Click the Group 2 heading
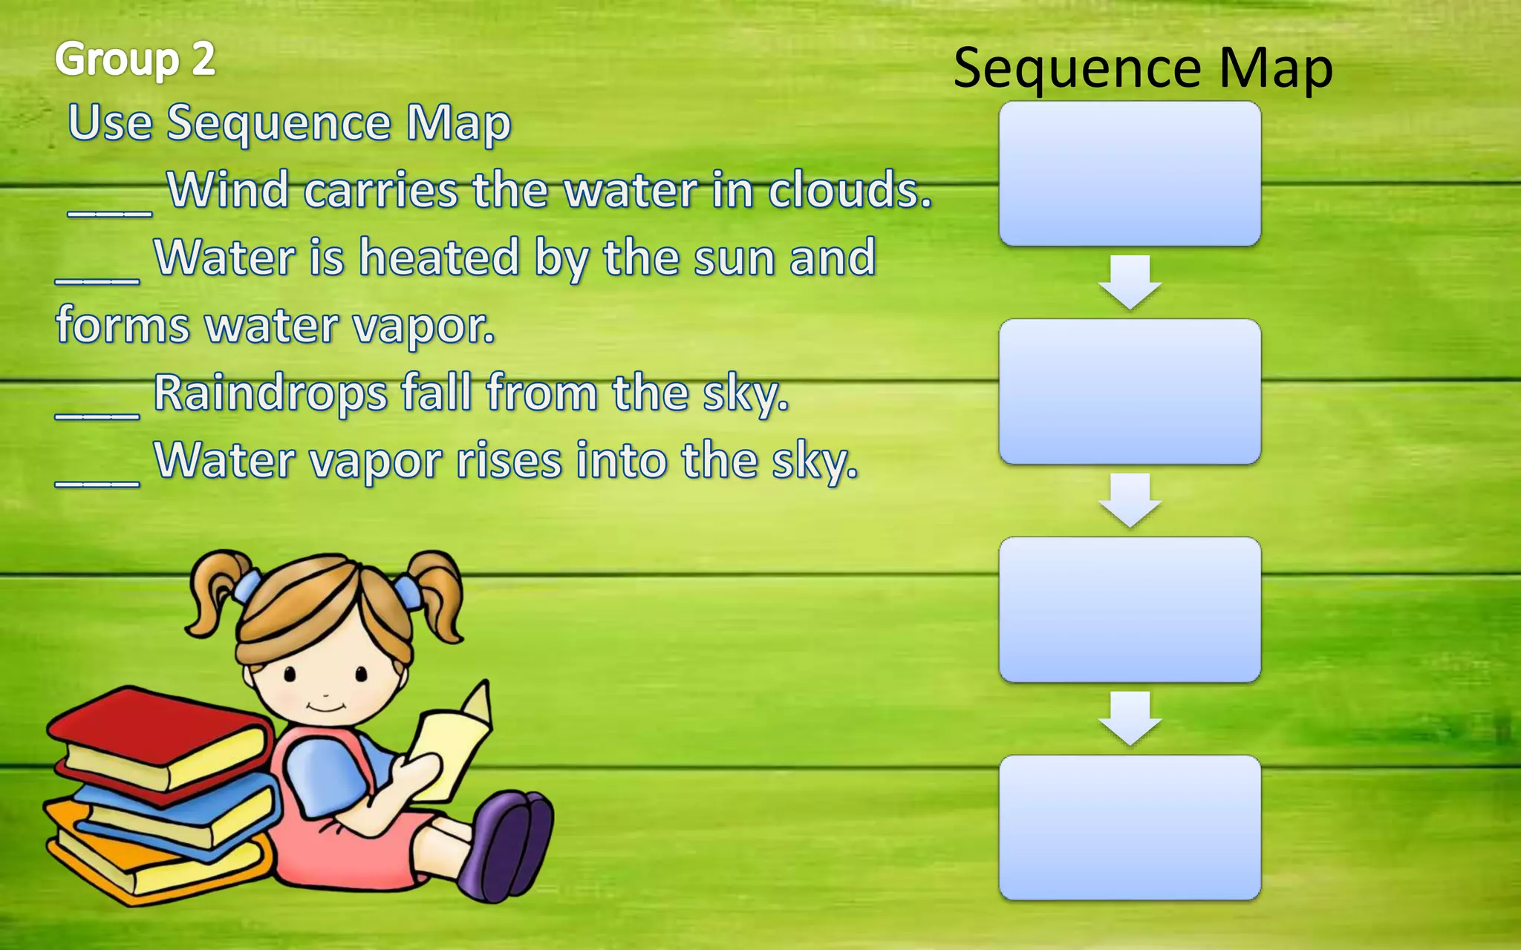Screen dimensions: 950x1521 coord(134,59)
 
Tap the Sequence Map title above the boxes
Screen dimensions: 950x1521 coord(1142,68)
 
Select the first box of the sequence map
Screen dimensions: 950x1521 coord(1130,174)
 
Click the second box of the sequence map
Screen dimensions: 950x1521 coord(1130,392)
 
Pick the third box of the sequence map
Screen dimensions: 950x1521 coord(1130,610)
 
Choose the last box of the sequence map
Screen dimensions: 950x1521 coord(1130,828)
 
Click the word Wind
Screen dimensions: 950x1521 coord(228,190)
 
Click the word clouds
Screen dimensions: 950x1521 coord(849,190)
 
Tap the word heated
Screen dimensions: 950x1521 coord(440,258)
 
